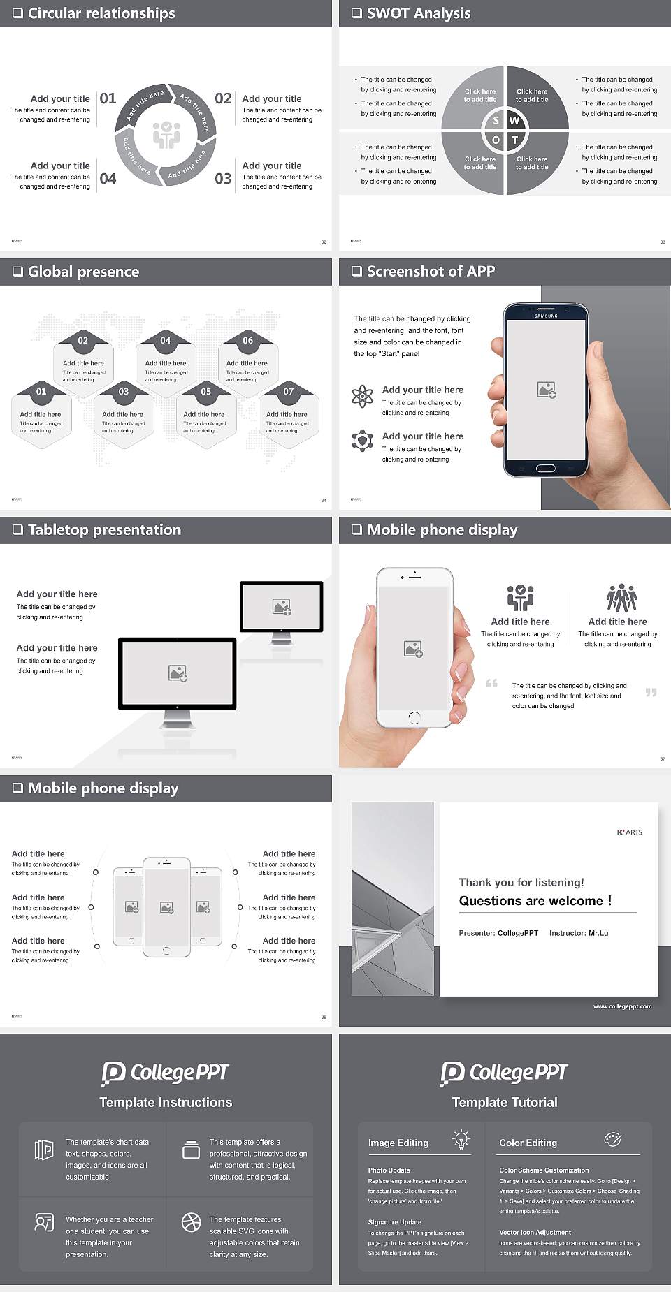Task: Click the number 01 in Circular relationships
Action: [108, 98]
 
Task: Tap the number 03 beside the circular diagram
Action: [223, 179]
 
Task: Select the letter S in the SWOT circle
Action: [496, 120]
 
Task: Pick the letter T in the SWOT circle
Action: [515, 140]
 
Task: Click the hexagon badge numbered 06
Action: [248, 340]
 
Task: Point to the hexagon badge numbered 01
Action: [41, 391]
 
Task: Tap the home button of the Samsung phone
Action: [546, 469]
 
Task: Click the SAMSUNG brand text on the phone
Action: [546, 316]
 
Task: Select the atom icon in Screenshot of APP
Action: [362, 396]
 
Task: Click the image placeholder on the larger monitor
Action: [178, 673]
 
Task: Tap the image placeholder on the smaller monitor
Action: [282, 607]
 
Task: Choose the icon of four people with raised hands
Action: [621, 598]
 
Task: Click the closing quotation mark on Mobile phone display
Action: [651, 692]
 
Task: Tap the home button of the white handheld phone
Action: [414, 717]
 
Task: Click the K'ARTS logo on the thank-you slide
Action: [629, 832]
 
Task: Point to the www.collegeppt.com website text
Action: [622, 1006]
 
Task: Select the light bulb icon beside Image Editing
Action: [461, 1140]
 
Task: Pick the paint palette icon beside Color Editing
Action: [612, 1140]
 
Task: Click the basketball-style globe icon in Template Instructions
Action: [191, 1221]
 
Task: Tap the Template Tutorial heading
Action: [505, 1102]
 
